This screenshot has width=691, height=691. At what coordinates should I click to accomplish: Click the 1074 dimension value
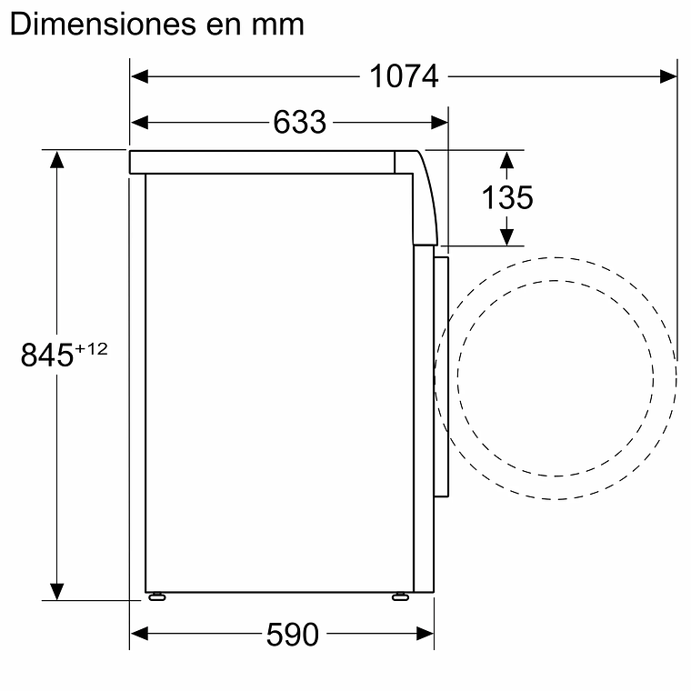404,77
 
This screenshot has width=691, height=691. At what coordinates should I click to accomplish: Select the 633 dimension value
299,121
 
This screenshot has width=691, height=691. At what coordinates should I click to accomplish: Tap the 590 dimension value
293,634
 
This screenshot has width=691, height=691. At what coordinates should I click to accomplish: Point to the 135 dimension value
507,197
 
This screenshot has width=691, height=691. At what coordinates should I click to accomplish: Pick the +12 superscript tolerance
92,349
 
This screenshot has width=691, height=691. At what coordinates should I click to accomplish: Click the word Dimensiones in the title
99,25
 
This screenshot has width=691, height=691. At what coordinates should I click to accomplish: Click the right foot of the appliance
400,596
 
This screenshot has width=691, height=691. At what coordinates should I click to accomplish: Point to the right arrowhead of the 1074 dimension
668,77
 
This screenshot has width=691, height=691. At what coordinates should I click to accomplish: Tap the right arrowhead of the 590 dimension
426,634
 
